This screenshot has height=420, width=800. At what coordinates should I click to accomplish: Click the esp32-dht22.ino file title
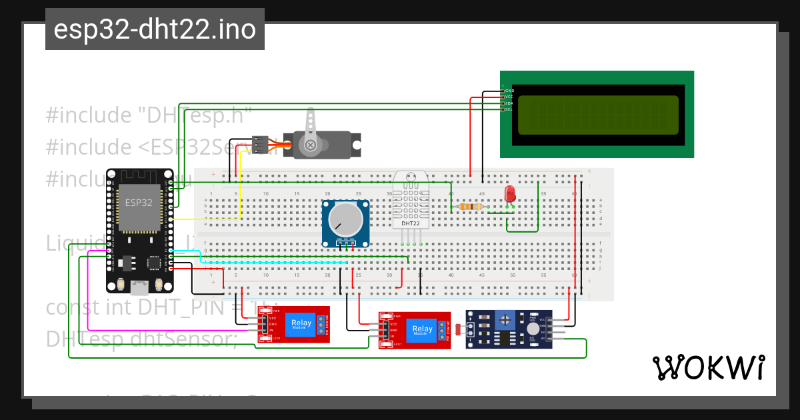(x=155, y=29)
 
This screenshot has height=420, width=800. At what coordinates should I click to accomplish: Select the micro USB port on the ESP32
(x=139, y=287)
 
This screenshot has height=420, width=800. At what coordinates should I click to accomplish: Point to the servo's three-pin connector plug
(x=260, y=145)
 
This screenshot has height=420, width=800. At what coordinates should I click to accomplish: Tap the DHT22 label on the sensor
(x=411, y=223)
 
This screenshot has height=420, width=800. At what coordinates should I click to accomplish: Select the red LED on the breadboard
(x=510, y=194)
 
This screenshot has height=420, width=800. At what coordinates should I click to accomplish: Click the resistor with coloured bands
(x=471, y=207)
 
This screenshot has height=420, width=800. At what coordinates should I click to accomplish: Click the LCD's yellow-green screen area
(x=598, y=115)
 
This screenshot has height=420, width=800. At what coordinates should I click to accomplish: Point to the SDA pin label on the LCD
(x=509, y=103)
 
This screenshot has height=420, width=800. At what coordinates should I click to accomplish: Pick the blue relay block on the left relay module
(x=301, y=324)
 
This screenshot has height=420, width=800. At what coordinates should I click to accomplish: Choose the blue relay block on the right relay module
(x=421, y=330)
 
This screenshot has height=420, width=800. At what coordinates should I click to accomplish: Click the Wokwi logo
(x=708, y=367)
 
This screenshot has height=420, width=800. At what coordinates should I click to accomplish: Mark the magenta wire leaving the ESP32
(x=90, y=293)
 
